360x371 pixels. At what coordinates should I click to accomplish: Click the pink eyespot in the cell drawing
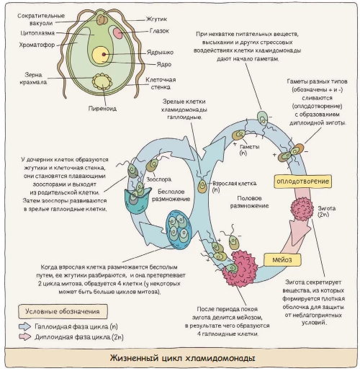pos(117,33)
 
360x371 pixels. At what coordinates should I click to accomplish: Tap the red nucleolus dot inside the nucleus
pos(104,55)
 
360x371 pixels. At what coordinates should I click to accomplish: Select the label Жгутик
pos(156,19)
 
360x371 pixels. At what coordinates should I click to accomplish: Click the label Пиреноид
pos(102,109)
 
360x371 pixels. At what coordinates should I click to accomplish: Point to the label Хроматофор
pos(37,45)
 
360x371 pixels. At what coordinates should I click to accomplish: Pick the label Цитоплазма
pos(37,33)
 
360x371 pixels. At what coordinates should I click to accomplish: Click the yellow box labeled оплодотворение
pos(302,182)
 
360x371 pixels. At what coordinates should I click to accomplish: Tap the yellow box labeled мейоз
pos(282,259)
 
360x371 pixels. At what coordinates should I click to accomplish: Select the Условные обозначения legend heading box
pos(63,311)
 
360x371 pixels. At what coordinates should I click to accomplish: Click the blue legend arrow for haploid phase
pos(25,326)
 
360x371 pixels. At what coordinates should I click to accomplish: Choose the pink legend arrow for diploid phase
pos(25,336)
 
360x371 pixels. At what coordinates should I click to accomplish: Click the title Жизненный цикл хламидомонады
pos(182,358)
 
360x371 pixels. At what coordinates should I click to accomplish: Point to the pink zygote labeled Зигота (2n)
pos(302,209)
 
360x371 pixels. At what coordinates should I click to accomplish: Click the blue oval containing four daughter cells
pos(179,230)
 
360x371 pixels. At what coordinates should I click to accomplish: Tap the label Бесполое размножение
pos(171,195)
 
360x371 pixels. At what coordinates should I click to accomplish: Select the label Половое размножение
pos(249,202)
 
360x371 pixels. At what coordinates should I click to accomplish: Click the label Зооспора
pos(158,179)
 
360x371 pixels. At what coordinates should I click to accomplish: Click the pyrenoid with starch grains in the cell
pos(102,81)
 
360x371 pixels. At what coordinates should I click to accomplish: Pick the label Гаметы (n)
pos(249,150)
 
